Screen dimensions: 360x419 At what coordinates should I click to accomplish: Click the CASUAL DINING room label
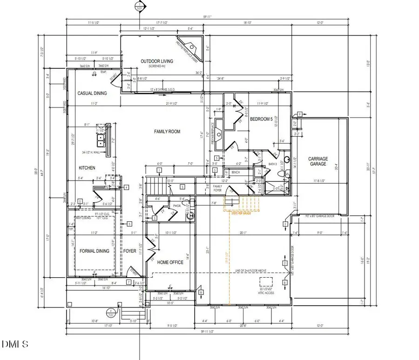coord(92,93)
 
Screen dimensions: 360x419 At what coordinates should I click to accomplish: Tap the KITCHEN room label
coord(87,168)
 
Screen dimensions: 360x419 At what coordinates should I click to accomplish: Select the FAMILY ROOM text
coord(167,132)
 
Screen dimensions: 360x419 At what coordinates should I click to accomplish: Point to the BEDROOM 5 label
coord(261,119)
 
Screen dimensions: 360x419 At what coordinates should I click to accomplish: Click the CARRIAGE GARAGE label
coord(318,161)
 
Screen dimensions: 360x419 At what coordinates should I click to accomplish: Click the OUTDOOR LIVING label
coord(157,61)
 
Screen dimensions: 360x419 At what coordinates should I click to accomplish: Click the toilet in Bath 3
coord(281,173)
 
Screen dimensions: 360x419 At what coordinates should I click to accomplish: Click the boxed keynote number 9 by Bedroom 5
coord(300,114)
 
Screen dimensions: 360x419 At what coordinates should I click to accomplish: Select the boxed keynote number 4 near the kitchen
coord(126,187)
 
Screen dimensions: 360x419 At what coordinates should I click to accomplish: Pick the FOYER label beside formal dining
coord(129,251)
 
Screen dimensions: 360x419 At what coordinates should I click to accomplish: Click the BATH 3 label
coord(273,164)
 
